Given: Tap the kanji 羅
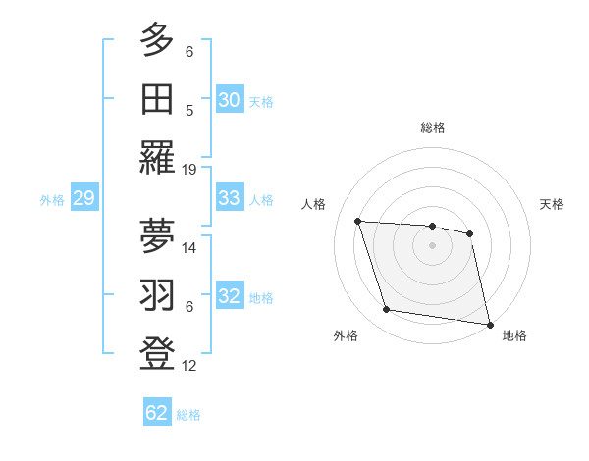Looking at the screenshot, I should [x=157, y=157].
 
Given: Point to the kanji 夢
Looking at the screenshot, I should [x=157, y=234].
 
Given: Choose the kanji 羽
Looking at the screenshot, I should [x=157, y=294].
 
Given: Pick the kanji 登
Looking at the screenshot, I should [x=157, y=353].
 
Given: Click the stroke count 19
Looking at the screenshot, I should [x=189, y=169].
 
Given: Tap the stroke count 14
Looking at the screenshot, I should [x=189, y=247].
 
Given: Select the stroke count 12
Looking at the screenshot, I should [x=189, y=366].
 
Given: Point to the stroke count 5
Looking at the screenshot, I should [x=189, y=110].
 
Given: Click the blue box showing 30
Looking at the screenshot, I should [x=229, y=99].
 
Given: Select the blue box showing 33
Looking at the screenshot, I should [x=229, y=198].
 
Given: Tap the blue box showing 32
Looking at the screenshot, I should [x=229, y=297].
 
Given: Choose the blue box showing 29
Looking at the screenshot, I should [x=83, y=199].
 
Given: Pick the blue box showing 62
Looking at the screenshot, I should [x=157, y=413].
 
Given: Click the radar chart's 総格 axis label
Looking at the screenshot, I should [x=432, y=128].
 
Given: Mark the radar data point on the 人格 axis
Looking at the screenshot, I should [x=358, y=221].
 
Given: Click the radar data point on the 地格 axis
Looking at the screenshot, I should [x=488, y=324].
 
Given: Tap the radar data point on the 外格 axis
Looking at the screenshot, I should [x=387, y=310].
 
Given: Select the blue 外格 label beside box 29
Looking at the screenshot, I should [x=52, y=200].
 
